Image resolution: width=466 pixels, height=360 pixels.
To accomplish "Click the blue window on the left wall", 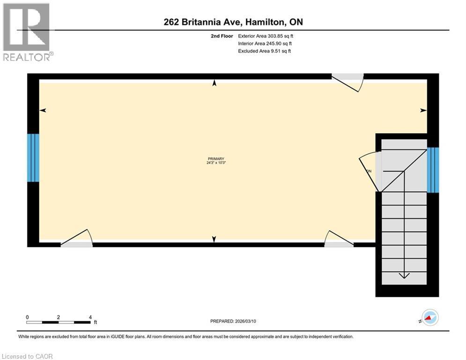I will (x=33, y=157).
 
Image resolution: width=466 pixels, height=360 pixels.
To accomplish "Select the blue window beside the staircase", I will (x=433, y=170).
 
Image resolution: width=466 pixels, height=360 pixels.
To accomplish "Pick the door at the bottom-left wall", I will (x=77, y=239).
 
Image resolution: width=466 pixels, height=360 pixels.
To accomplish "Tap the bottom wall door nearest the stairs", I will (x=339, y=239).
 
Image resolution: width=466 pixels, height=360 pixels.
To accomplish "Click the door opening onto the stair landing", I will (x=370, y=171).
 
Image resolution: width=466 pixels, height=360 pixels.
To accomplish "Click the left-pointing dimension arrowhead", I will (x=43, y=111).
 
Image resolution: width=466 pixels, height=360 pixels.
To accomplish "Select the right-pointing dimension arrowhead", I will (x=423, y=111).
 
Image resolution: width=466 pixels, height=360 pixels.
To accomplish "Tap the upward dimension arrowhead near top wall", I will (x=215, y=83).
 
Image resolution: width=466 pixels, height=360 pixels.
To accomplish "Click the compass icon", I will (x=430, y=317).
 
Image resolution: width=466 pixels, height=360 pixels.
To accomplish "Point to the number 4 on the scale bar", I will (x=89, y=317).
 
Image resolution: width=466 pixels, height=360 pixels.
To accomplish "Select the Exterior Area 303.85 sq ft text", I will (x=266, y=36).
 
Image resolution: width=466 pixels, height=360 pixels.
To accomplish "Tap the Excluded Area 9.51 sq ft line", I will (x=265, y=51).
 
